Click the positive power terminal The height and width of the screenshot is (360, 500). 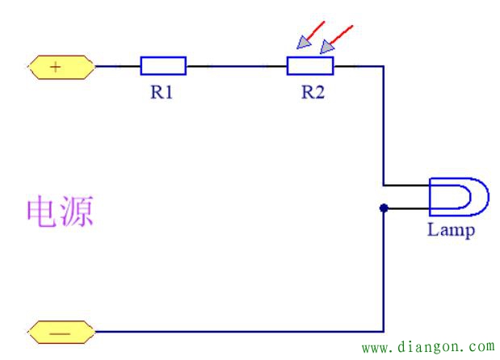[61, 67]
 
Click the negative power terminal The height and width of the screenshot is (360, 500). [61, 331]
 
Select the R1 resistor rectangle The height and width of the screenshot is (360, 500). [163, 66]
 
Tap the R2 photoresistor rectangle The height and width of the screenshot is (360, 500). [310, 66]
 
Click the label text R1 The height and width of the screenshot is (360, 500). [162, 92]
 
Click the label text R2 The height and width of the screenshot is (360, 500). [313, 92]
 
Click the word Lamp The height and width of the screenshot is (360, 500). [451, 231]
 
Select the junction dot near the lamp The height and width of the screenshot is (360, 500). [384, 208]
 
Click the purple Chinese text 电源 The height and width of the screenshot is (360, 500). [61, 211]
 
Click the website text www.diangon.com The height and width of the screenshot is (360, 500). [427, 348]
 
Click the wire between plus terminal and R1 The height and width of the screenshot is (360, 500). [117, 66]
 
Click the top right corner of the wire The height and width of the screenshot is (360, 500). [384, 66]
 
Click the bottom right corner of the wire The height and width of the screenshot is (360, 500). [384, 331]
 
